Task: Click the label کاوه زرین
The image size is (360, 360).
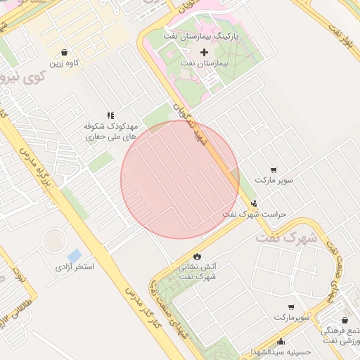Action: pyautogui.click(x=63, y=64)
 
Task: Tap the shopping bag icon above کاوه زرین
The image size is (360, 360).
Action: pyautogui.click(x=65, y=53)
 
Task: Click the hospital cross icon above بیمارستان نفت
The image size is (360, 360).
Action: pyautogui.click(x=205, y=52)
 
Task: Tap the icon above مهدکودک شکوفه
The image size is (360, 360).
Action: pyautogui.click(x=110, y=115)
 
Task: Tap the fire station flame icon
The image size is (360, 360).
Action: pyautogui.click(x=195, y=255)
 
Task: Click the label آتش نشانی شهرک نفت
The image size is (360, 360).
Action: pyautogui.click(x=195, y=271)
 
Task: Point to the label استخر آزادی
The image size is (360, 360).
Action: pyautogui.click(x=75, y=268)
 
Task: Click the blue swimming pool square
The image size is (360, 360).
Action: pyautogui.click(x=74, y=254)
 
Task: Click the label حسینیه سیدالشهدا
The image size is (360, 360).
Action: pyautogui.click(x=278, y=351)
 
